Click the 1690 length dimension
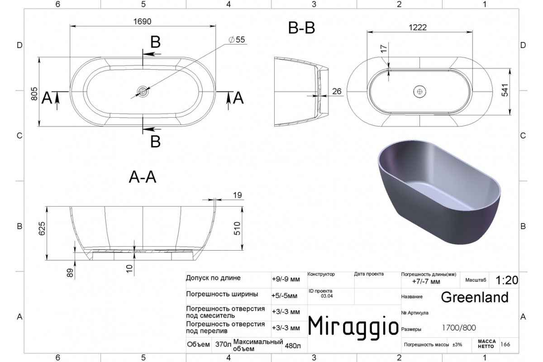pyautogui.click(x=142, y=22)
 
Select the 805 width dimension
pyautogui.click(x=34, y=94)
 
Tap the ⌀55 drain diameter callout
pyautogui.click(x=237, y=39)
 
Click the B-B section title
pyautogui.click(x=301, y=28)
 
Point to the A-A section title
pyautogui.click(x=142, y=177)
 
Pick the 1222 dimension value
pyautogui.click(x=418, y=28)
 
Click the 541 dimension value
pyautogui.click(x=505, y=90)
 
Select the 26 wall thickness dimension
pyautogui.click(x=337, y=91)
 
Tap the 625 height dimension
pyautogui.click(x=42, y=229)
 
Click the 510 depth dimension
pyautogui.click(x=237, y=229)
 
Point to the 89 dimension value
pyautogui.click(x=70, y=273)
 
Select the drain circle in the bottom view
pyautogui.click(x=419, y=92)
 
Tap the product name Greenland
pyautogui.click(x=475, y=297)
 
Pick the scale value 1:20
pyautogui.click(x=507, y=280)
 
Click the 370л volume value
pyautogui.click(x=223, y=344)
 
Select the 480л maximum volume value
pyautogui.click(x=293, y=346)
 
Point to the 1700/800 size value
pyautogui.click(x=459, y=328)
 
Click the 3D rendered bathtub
pyautogui.click(x=439, y=192)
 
